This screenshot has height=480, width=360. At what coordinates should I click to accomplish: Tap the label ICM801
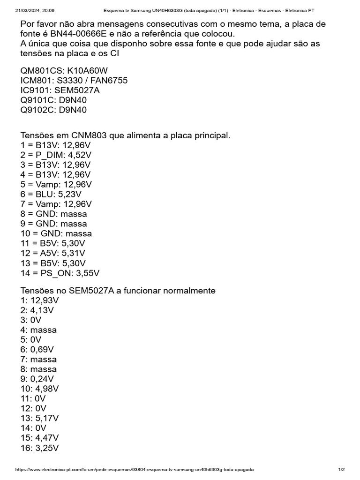tap(36, 81)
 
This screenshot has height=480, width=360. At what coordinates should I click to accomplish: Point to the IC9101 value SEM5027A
tap(76, 90)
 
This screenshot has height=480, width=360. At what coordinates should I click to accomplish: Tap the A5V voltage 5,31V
tap(70, 253)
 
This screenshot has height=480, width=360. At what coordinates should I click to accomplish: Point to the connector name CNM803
tap(87, 135)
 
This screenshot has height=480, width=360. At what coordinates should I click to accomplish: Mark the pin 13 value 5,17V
tap(47, 418)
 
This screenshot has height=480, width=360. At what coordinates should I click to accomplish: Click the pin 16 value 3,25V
tap(47, 448)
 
